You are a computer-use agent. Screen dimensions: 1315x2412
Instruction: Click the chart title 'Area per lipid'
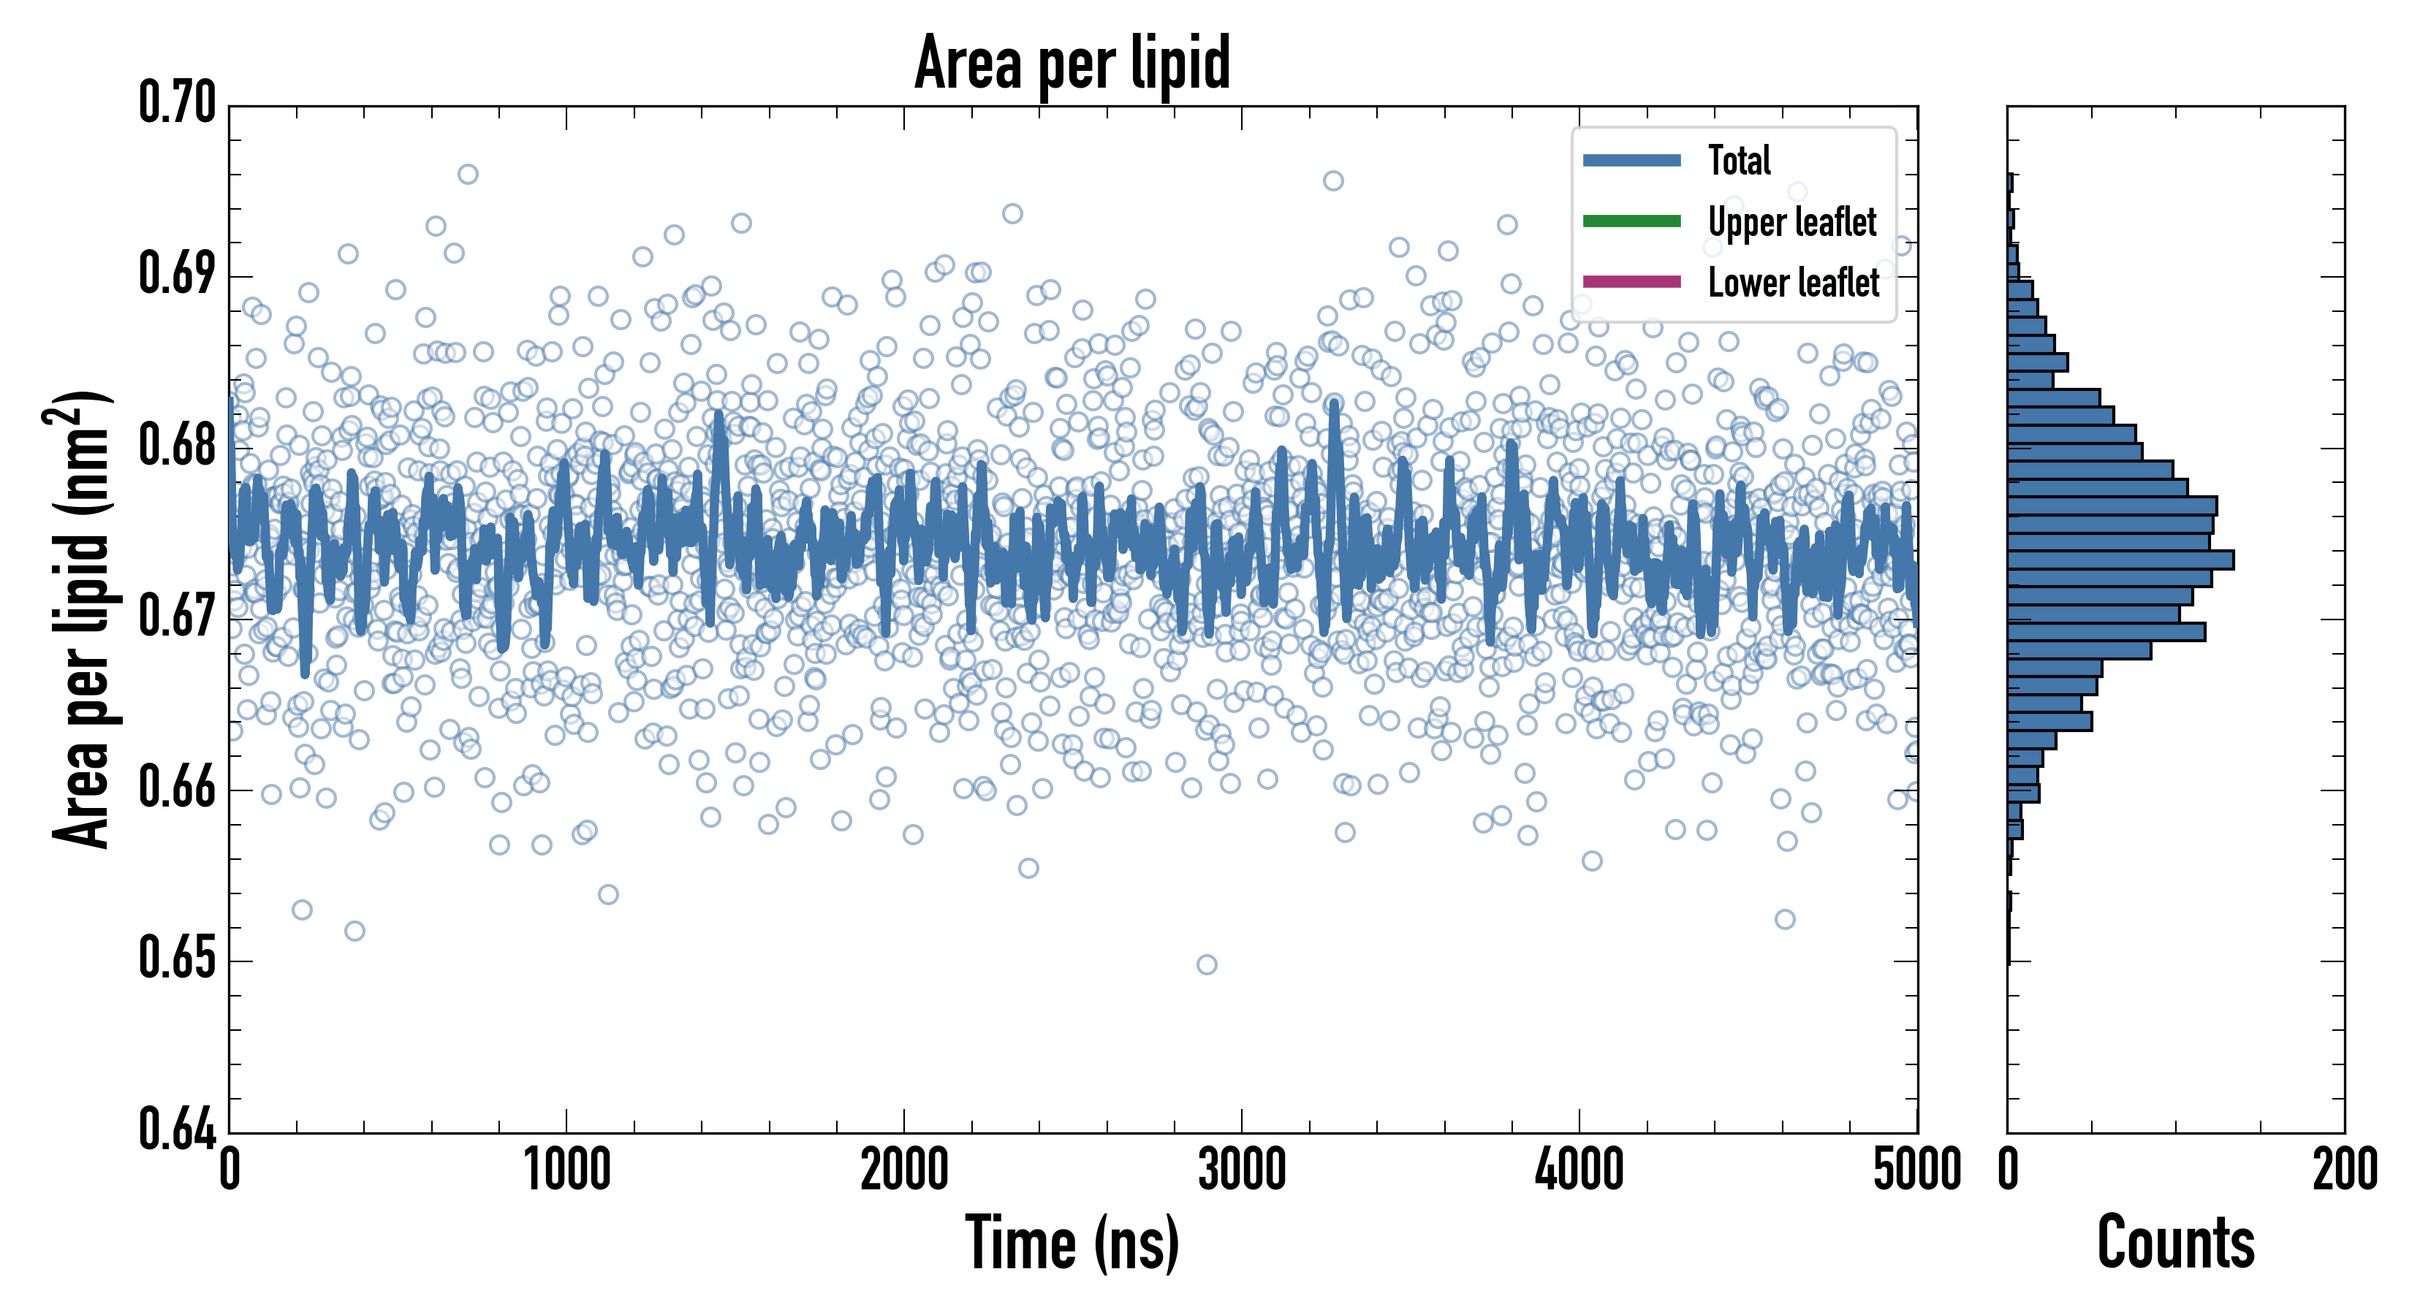pyautogui.click(x=1072, y=63)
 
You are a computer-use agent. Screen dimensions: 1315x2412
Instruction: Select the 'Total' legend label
pyautogui.click(x=1739, y=160)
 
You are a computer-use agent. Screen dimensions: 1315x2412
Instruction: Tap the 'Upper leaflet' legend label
pyautogui.click(x=1791, y=222)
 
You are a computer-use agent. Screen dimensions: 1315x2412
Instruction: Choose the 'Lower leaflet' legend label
pyautogui.click(x=1793, y=283)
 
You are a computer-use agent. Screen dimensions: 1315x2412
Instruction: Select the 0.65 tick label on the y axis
pyautogui.click(x=177, y=958)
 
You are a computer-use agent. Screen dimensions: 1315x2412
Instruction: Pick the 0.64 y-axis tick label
pyautogui.click(x=177, y=1129)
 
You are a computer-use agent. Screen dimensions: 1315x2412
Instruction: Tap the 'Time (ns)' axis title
pyautogui.click(x=1072, y=1243)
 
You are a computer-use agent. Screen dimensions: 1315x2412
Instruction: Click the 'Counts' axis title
pyautogui.click(x=2175, y=1243)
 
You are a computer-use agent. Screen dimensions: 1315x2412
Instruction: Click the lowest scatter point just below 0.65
pyautogui.click(x=1207, y=965)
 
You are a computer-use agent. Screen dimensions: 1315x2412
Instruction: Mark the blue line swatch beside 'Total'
pyautogui.click(x=1631, y=160)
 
